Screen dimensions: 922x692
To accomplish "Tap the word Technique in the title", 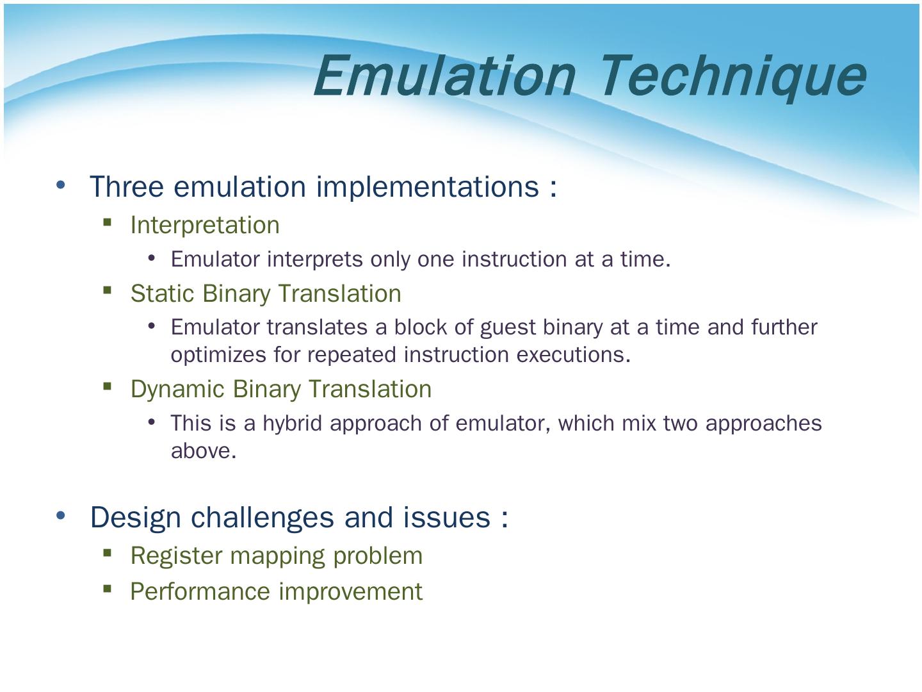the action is point(733,79).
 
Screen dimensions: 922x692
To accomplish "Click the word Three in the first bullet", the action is point(126,186).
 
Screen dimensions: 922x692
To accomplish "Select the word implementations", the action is point(427,187).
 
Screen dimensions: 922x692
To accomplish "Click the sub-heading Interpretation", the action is point(205,225).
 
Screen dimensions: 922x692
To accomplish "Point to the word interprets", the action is point(314,259).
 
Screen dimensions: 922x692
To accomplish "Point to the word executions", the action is point(573,355).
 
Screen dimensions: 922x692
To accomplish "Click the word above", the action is point(204,451).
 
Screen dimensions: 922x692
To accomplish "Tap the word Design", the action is point(136,518).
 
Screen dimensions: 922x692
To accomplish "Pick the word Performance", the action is point(200,591).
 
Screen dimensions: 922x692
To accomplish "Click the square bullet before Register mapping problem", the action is point(107,552).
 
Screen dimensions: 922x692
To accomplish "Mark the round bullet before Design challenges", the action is point(60,515).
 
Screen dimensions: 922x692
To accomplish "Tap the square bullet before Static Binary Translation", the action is point(107,290).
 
